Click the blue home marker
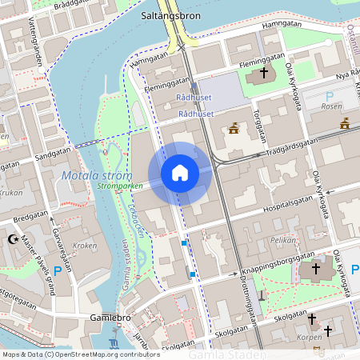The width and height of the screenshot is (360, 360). coord(180,172)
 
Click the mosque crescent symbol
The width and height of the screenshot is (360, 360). coord(12,239)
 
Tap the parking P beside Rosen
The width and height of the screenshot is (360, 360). coord(330,97)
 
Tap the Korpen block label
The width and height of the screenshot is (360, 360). coord(309,338)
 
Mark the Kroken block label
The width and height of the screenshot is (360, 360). coord(85,246)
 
